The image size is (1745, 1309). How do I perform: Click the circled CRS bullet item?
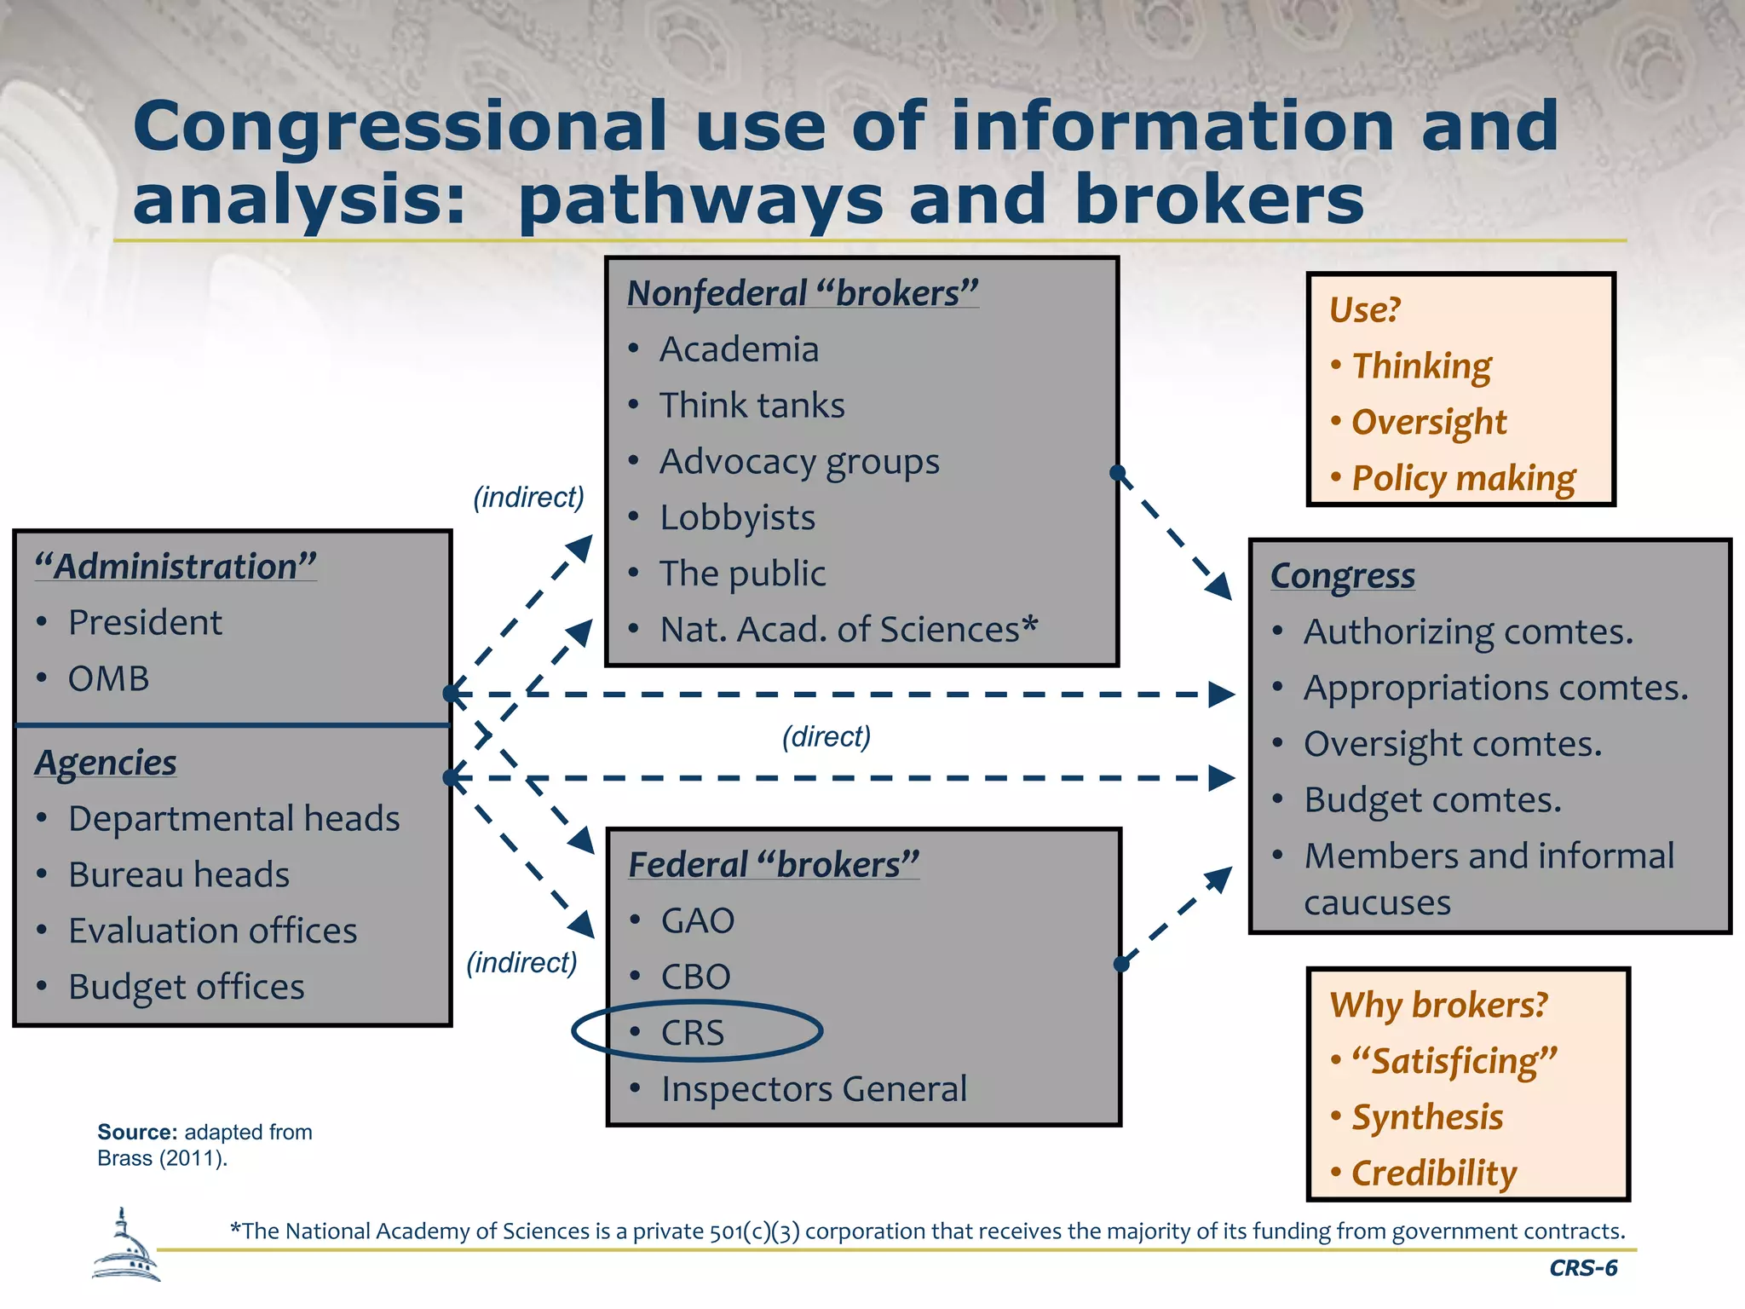pos(693,1033)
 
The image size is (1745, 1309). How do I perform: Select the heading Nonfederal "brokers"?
pos(802,293)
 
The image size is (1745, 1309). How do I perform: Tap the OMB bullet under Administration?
pos(108,679)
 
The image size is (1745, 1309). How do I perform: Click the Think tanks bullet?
pos(752,406)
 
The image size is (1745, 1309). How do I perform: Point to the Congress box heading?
pos(1342,576)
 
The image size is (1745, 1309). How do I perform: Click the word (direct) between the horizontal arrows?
pos(826,736)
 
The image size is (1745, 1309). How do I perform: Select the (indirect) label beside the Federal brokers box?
pos(521,962)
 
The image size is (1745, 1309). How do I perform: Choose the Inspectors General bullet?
pos(814,1089)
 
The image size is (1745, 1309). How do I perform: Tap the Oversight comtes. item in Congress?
pos(1452,744)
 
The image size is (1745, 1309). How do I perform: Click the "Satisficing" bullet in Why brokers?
pos(1454,1061)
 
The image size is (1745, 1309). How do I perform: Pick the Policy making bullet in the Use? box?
pos(1463,478)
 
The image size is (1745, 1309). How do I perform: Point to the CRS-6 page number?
pos(1582,1268)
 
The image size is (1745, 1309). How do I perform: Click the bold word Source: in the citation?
pos(137,1132)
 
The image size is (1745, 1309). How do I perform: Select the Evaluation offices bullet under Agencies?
pos(212,931)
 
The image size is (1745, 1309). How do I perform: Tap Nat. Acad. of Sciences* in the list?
pos(848,630)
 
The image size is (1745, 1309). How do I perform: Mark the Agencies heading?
pos(106,763)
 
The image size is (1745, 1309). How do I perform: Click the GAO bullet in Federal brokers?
pos(697,921)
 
